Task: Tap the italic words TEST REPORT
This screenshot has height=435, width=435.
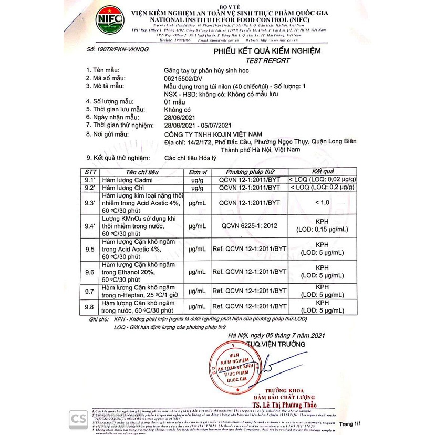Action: tap(267, 60)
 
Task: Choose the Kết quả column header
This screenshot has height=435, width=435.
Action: tap(323, 172)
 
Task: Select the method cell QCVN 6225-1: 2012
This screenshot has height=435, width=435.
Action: tap(250, 226)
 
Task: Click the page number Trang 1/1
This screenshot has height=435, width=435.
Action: tap(350, 423)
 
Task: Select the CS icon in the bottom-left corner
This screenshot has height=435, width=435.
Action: tap(78, 419)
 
